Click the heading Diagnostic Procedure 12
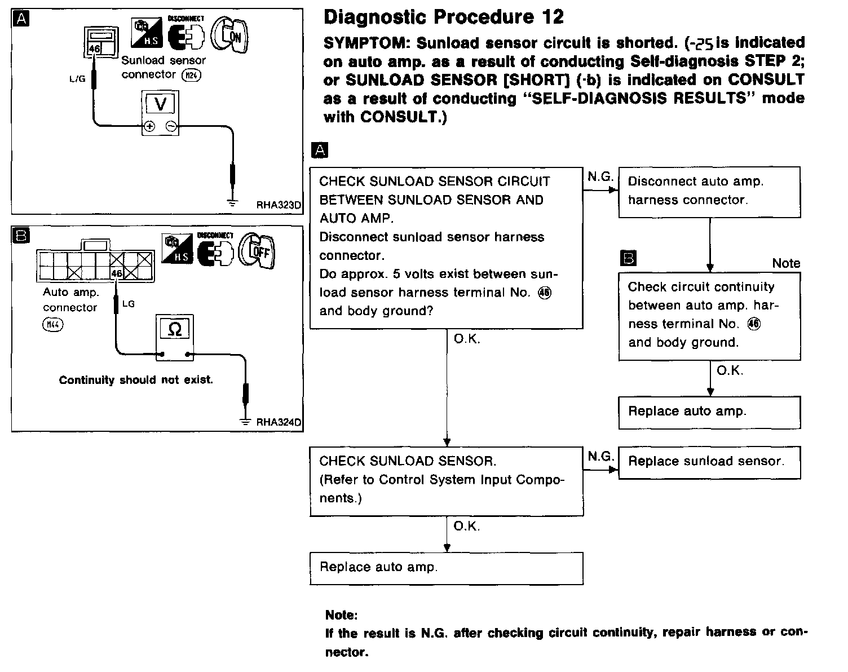(x=443, y=17)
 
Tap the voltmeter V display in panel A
(x=160, y=104)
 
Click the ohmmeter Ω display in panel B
(x=175, y=329)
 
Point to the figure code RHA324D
(x=279, y=422)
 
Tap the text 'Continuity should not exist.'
(x=136, y=380)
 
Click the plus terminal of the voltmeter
(x=149, y=127)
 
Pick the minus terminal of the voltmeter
(x=171, y=127)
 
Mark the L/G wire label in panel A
(x=77, y=79)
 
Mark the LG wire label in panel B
(x=129, y=304)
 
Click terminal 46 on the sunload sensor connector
(x=94, y=49)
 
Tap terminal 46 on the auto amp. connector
(x=116, y=273)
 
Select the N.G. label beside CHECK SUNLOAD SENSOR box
(x=600, y=456)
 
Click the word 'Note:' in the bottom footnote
(x=341, y=614)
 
